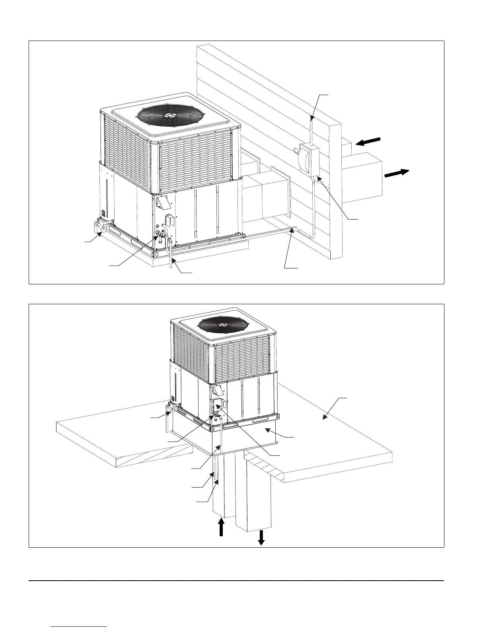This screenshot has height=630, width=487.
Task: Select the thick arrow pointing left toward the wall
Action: [x=368, y=142]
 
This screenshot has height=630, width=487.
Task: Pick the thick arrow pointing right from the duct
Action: [x=397, y=173]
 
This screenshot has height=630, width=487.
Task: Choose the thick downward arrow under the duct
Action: [x=261, y=538]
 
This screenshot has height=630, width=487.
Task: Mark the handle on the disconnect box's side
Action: [x=295, y=150]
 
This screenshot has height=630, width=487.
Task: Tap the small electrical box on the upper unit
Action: [x=168, y=219]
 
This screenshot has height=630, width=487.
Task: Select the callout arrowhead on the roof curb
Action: [x=268, y=430]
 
